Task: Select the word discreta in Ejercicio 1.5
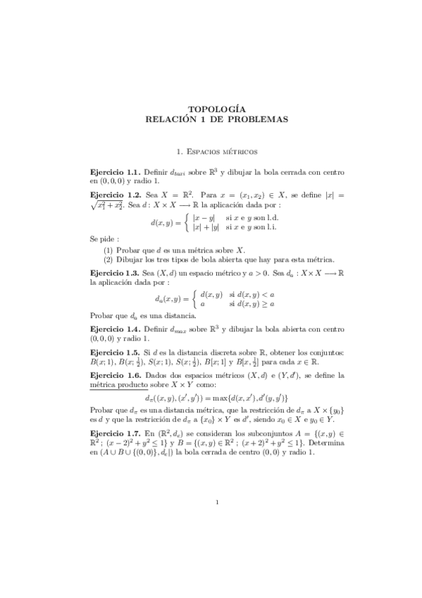click(x=207, y=352)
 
